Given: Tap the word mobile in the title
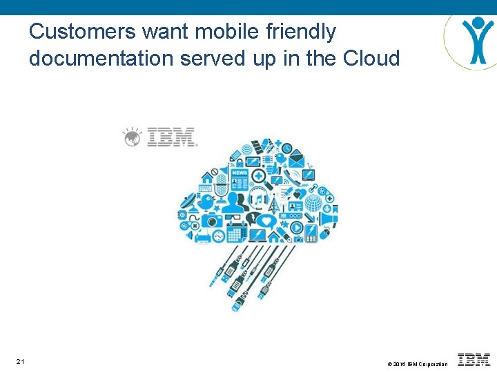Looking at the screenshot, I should click(220, 32).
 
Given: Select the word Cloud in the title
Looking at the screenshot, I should click(371, 59).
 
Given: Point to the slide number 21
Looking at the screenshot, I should click(20, 362).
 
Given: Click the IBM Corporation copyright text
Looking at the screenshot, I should click(417, 363).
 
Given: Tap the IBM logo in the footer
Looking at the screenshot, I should click(474, 359).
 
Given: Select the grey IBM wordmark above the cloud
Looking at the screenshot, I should click(172, 136).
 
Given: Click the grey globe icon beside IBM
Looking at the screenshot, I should click(133, 137).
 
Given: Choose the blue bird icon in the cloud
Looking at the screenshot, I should click(206, 201).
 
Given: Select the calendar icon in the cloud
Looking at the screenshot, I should click(236, 233).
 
